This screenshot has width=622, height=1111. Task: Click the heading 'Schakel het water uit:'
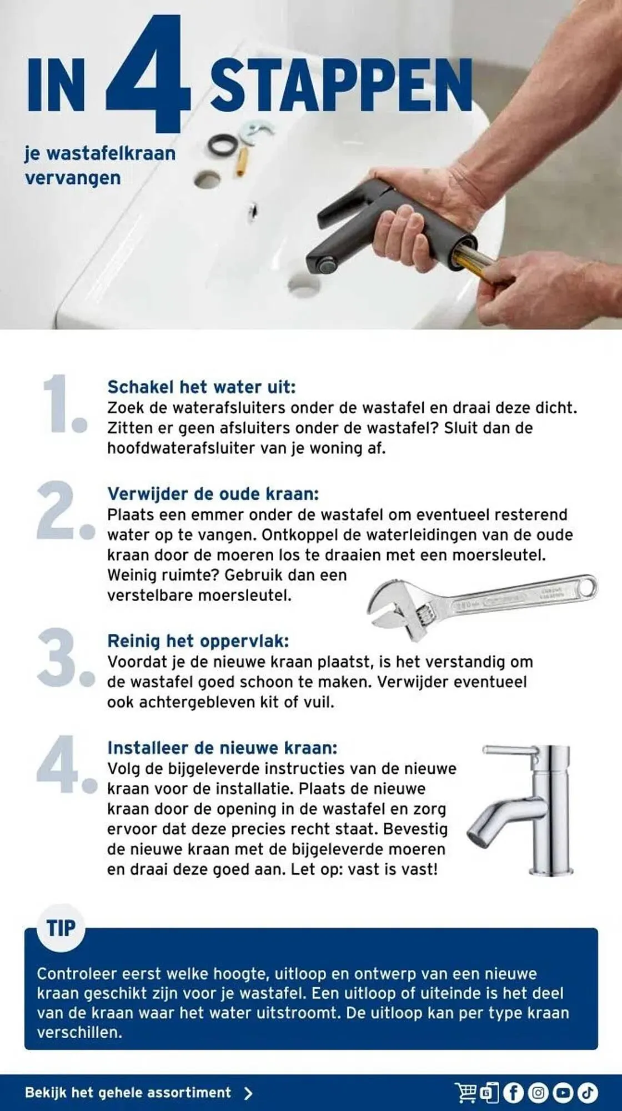(202, 387)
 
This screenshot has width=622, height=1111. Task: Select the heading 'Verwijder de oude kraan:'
(213, 494)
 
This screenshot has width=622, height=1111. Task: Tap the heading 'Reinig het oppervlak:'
(198, 641)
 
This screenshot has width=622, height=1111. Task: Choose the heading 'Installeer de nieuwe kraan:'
(222, 748)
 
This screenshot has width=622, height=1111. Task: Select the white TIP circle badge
(61, 928)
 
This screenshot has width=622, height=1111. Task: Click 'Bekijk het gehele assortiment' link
(128, 1093)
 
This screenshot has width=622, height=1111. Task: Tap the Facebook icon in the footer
(513, 1093)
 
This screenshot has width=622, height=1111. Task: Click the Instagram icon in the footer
(538, 1093)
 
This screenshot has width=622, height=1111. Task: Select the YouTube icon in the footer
(563, 1093)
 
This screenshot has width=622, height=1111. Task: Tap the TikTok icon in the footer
(588, 1093)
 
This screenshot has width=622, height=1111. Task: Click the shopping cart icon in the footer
(466, 1093)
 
